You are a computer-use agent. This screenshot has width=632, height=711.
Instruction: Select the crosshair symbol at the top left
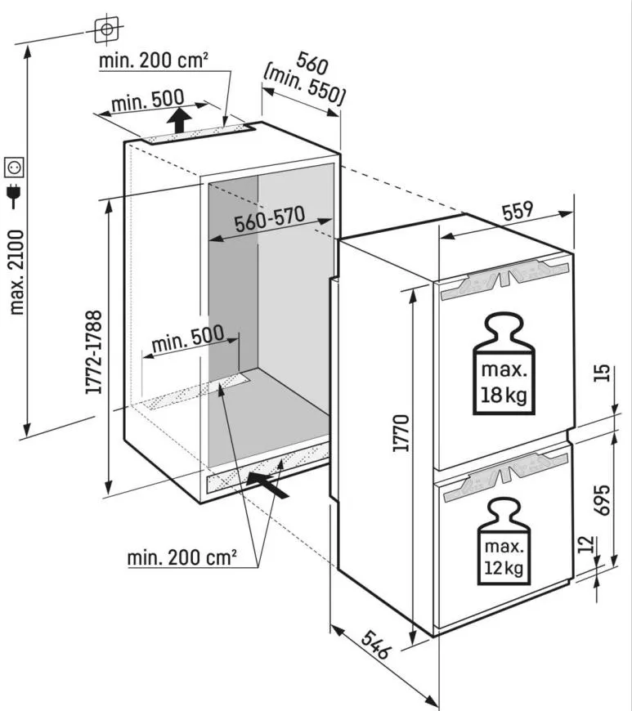105,29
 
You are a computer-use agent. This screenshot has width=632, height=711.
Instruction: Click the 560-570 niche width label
270,223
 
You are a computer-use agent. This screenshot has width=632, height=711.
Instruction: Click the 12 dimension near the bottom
603,544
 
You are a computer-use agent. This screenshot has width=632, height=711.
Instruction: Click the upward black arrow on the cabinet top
181,124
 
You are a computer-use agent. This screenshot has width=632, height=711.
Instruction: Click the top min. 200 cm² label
153,61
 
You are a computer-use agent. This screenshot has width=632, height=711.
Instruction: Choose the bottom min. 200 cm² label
182,557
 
